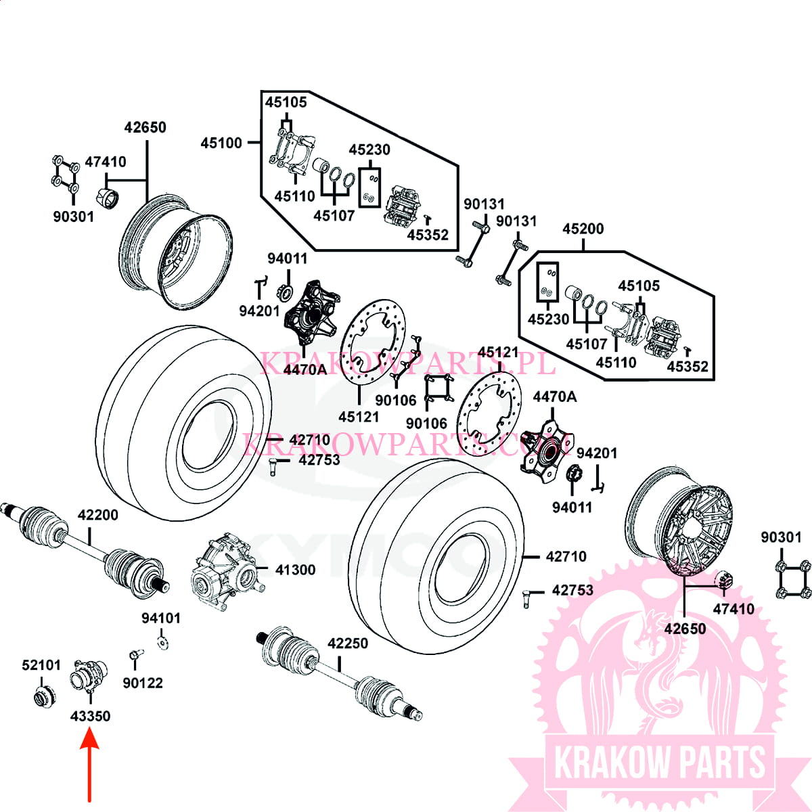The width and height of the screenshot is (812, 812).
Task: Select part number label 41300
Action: click(295, 570)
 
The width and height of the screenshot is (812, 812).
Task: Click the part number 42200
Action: click(97, 515)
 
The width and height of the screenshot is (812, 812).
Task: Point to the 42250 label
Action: click(348, 644)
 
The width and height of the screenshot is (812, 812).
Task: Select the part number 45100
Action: click(221, 143)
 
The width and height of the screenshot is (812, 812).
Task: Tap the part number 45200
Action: click(583, 229)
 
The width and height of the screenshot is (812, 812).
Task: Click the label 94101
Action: click(161, 618)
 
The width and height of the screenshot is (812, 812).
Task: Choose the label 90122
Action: click(143, 683)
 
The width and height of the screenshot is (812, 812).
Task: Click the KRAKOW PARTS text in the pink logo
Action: click(660, 762)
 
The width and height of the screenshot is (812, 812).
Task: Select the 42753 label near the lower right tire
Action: click(572, 591)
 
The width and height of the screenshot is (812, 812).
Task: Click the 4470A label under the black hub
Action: click(304, 369)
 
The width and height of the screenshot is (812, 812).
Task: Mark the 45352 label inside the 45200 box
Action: click(687, 367)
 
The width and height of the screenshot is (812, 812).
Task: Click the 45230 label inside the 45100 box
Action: click(369, 150)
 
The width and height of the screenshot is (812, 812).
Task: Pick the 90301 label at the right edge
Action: click(781, 537)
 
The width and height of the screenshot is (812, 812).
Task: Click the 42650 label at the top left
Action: click(145, 127)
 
